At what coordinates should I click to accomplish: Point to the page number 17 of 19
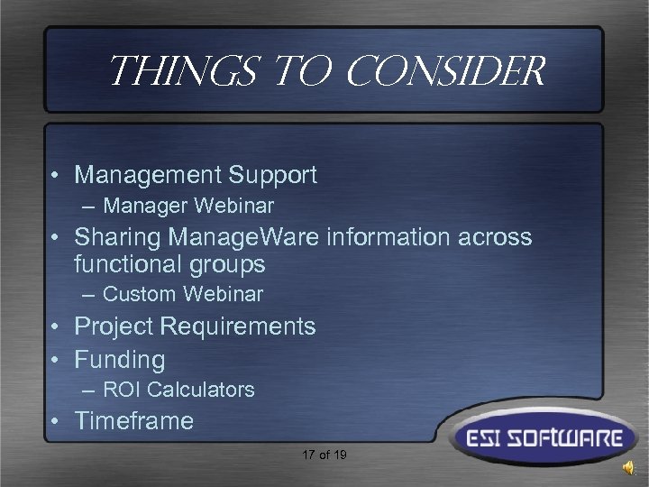(324, 455)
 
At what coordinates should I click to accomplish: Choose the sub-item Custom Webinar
(183, 293)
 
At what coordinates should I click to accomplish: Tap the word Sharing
(110, 238)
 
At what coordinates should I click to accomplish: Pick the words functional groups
(169, 264)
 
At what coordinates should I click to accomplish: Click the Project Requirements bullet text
(195, 326)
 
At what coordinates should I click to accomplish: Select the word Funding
(120, 360)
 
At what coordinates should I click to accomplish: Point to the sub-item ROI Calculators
(178, 390)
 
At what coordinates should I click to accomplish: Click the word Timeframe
(134, 421)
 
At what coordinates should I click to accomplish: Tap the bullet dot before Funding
(58, 361)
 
